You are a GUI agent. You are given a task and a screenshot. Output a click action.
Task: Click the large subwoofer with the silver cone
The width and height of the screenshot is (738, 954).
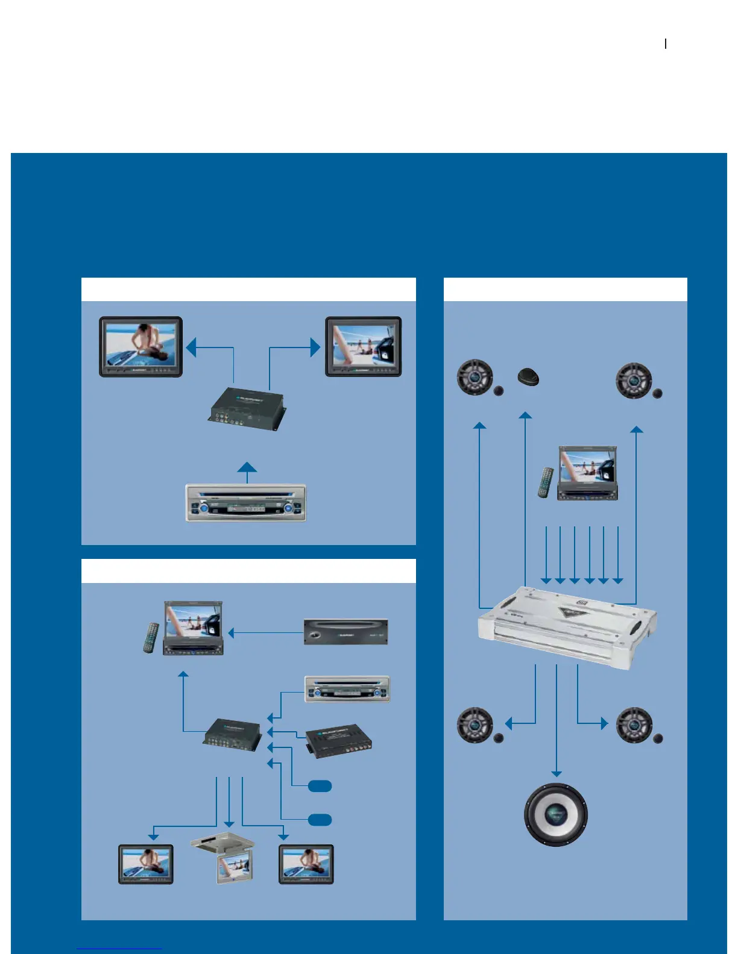tap(555, 814)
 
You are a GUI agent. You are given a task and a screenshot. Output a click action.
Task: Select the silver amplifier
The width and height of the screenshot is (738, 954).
tap(567, 626)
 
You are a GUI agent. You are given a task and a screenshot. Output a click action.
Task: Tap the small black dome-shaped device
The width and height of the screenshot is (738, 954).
tap(528, 377)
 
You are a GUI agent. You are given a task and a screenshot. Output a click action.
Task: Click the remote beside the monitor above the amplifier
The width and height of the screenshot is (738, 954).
tap(546, 482)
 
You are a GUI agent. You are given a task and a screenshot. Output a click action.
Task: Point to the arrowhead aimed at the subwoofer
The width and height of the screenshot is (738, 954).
tap(556, 773)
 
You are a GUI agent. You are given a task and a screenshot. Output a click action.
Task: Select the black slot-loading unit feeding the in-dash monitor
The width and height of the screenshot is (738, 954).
tap(345, 632)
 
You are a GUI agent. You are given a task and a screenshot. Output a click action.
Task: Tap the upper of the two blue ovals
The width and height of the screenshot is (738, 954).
tap(320, 785)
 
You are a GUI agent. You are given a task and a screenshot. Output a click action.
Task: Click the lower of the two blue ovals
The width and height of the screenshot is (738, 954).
tap(320, 819)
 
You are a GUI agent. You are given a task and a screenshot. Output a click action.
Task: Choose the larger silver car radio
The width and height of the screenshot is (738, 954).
tap(245, 503)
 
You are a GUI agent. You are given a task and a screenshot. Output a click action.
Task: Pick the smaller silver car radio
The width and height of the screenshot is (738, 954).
tap(347, 689)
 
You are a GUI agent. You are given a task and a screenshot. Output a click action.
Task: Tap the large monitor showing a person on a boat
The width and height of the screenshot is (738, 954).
tap(140, 346)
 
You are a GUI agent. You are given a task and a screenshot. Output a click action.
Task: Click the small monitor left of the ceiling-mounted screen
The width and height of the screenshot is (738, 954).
tap(146, 864)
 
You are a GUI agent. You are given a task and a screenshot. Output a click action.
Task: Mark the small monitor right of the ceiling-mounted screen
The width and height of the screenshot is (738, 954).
tap(306, 864)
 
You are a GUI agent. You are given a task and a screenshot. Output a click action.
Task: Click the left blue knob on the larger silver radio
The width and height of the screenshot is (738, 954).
tap(203, 509)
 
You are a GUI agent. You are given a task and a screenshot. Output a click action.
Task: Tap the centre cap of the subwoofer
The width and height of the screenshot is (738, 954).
tap(555, 814)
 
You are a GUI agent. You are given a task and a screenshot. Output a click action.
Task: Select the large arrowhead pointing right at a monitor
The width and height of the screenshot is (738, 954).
tap(315, 347)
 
